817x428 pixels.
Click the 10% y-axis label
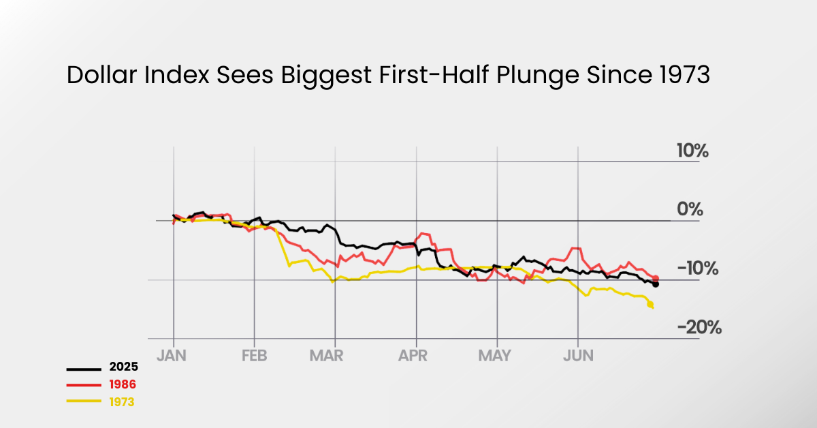click(692, 151)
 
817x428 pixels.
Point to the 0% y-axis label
click(689, 209)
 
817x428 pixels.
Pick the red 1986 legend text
click(123, 385)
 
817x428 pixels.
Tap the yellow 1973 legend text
click(123, 402)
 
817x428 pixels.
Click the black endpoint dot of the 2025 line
click(656, 284)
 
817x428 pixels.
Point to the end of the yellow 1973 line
click(652, 308)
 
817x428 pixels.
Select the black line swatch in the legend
click(84, 369)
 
